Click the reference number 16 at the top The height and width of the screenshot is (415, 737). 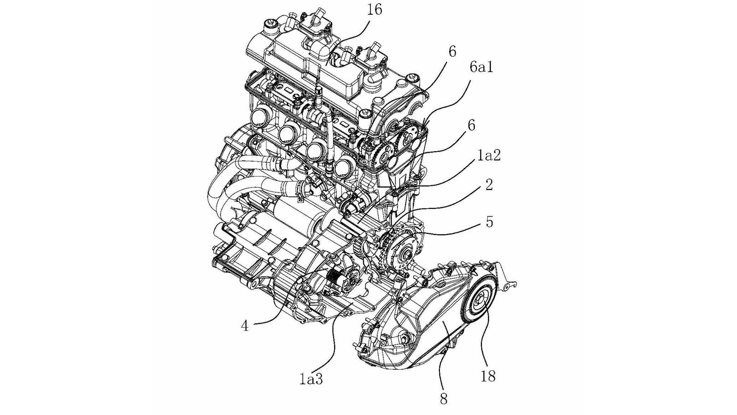pos(375,10)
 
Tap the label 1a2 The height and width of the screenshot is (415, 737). pos(489,156)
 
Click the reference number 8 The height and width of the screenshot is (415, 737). pos(443,398)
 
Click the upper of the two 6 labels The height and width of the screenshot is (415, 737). pos(452,52)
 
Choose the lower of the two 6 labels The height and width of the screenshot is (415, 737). pos(472,125)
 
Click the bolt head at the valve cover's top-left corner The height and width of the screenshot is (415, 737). pos(269,23)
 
